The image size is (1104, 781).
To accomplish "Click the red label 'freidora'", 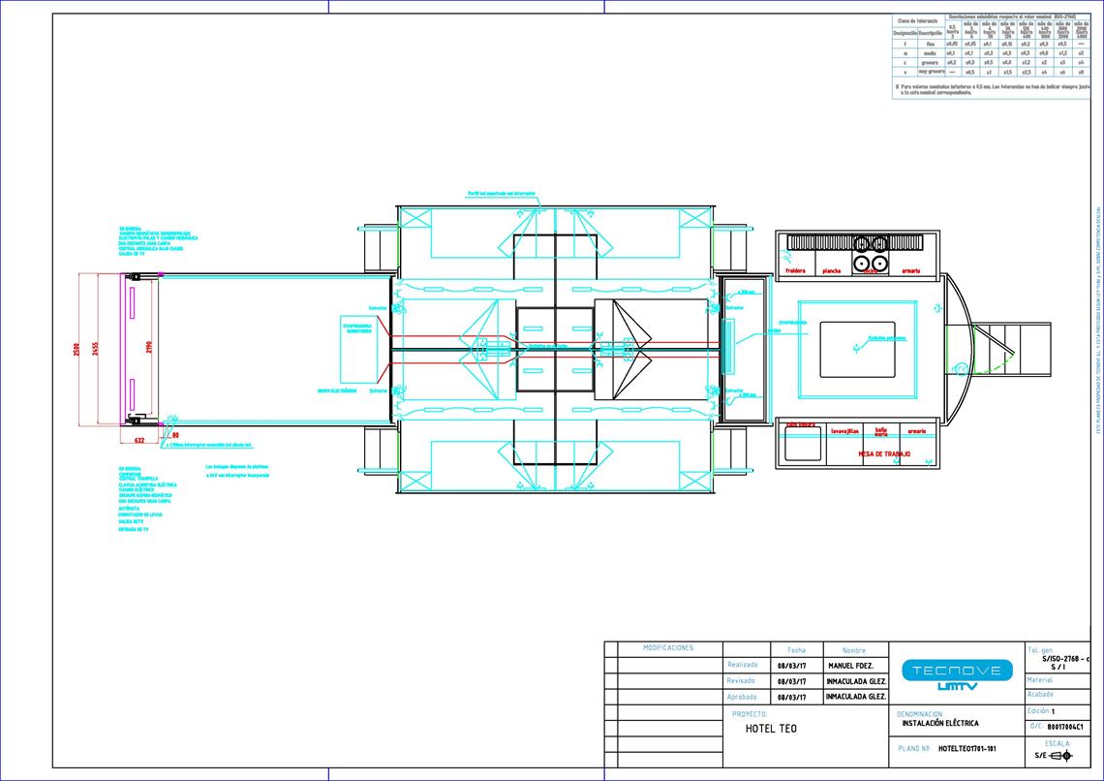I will (x=796, y=271).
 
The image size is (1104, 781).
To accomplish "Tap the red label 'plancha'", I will (x=832, y=271).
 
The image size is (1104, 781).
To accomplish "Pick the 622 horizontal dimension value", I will (x=139, y=440).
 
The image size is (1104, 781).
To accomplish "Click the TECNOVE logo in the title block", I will (x=957, y=674).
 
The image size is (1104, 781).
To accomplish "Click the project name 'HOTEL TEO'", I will (x=771, y=729).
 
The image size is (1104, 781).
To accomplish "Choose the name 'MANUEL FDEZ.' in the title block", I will (x=851, y=666).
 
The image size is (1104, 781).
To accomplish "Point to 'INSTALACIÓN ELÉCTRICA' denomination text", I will (x=939, y=723).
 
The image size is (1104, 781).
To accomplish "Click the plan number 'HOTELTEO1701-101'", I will (x=967, y=749).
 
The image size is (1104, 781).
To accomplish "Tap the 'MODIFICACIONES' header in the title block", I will (x=668, y=647).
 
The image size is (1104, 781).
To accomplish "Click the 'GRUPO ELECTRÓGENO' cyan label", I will (x=337, y=390).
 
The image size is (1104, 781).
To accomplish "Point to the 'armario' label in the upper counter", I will (x=910, y=271).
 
